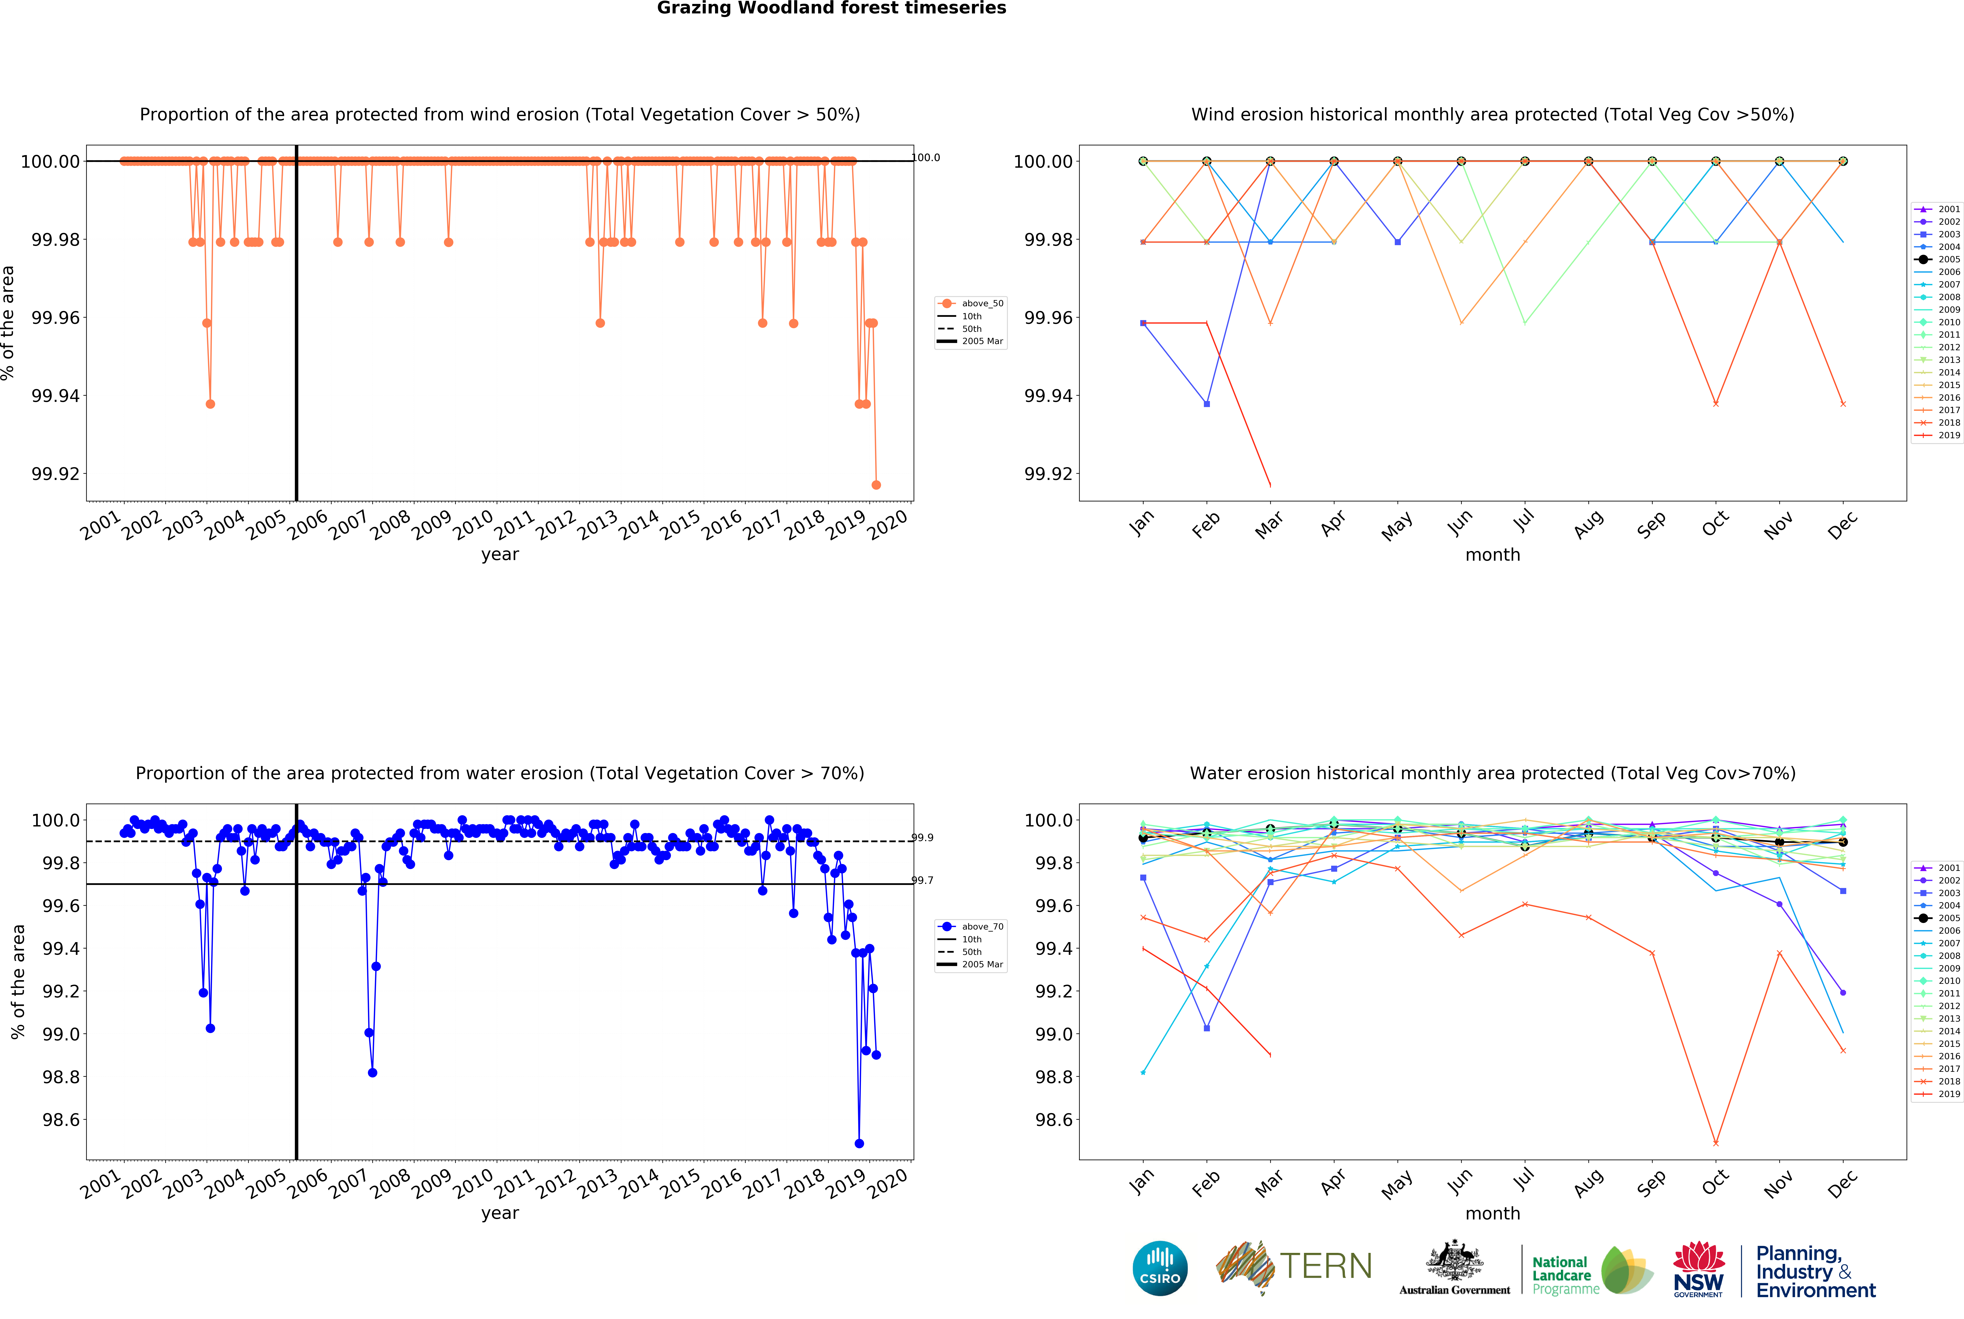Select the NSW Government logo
[x=1698, y=1269]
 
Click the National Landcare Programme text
[x=1564, y=1275]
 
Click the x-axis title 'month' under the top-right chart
[x=1492, y=555]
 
